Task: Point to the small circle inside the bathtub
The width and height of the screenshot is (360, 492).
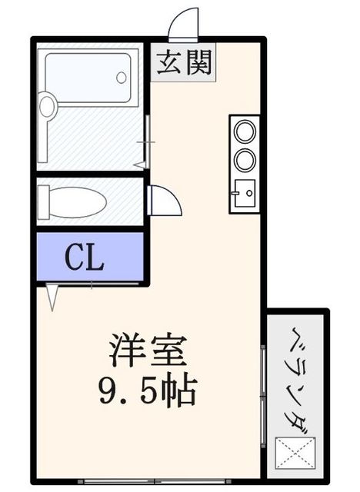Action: point(121,78)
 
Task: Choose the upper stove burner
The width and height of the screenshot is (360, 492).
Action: point(245,132)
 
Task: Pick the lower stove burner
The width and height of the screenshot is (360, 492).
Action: point(245,160)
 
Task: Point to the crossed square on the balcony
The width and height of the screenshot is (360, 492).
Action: point(295,453)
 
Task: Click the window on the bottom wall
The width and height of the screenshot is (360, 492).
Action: point(154,482)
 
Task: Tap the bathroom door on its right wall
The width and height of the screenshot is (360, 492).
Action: point(145,142)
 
